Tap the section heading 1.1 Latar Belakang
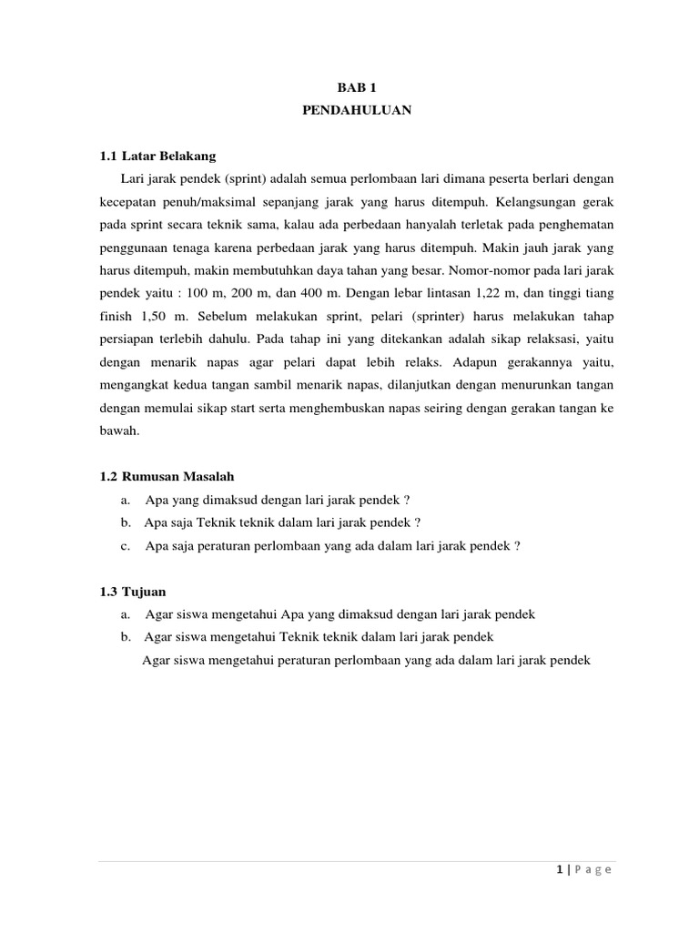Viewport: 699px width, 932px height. [157, 157]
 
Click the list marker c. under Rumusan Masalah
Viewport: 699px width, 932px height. [125, 546]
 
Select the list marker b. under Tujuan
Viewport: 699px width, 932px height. [125, 637]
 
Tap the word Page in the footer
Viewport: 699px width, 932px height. [593, 870]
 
